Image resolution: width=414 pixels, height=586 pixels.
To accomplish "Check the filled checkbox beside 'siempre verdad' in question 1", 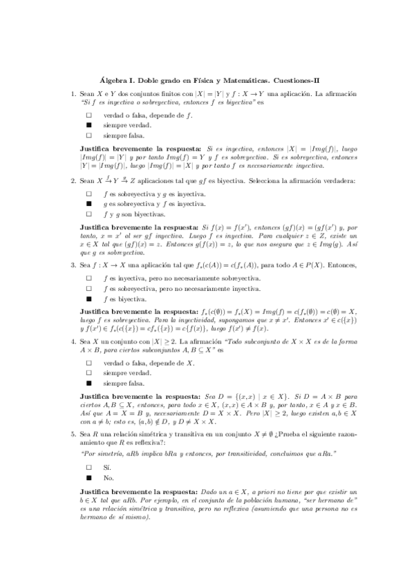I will coord(88,126).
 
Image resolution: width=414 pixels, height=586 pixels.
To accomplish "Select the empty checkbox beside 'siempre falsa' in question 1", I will coord(88,136).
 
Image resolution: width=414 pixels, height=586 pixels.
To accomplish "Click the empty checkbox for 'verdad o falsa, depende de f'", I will coord(88,115).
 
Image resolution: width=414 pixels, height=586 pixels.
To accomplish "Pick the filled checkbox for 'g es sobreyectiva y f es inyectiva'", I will coord(88,205).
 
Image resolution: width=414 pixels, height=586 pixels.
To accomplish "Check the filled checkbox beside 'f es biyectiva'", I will coord(88,299).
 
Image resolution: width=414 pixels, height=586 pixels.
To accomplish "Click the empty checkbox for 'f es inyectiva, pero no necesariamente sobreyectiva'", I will coord(88,278).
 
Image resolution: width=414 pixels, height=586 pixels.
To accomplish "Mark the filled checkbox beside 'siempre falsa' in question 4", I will coord(88,382).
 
